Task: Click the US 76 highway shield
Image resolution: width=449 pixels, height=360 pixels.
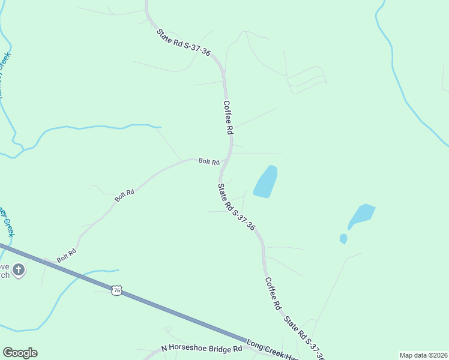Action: (117, 290)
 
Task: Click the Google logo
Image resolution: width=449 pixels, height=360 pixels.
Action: (20, 353)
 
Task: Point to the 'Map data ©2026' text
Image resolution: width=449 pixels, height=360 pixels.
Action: (423, 355)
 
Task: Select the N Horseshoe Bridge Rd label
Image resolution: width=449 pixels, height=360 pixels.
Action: (201, 349)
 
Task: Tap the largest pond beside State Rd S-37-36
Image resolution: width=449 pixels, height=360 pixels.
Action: (265, 181)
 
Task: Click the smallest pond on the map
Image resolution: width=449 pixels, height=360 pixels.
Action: (343, 239)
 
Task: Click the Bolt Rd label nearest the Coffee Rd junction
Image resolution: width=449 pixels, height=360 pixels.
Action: (209, 161)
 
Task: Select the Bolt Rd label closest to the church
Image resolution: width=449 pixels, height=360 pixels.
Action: (66, 255)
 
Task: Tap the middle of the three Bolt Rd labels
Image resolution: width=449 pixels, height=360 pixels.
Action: (124, 195)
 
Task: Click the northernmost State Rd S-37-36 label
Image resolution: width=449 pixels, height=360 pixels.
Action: (184, 43)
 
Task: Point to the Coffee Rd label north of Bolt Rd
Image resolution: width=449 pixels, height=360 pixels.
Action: (228, 116)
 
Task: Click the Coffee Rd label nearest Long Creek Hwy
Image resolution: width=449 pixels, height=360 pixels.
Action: (273, 293)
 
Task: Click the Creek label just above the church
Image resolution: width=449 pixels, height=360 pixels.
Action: (6, 223)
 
